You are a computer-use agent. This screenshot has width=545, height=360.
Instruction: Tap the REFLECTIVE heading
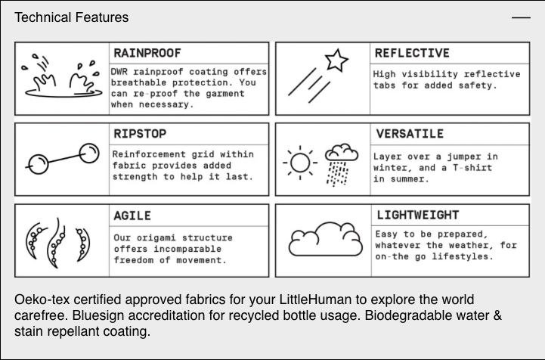pos(412,53)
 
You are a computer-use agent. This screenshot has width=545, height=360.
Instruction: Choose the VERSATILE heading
pos(409,134)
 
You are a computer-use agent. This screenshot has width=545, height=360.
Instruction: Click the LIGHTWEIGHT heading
pos(417,216)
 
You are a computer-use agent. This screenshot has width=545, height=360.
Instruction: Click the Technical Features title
pos(72,17)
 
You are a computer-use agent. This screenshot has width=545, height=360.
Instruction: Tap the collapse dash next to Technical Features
pos(521,17)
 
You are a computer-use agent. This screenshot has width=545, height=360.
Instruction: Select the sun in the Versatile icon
pos(302,161)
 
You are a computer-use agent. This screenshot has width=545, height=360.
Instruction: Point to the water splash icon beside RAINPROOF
pos(60,76)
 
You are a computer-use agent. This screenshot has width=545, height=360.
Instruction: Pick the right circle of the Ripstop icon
pos(90,154)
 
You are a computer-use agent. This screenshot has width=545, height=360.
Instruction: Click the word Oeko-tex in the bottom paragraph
pos(39,299)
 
